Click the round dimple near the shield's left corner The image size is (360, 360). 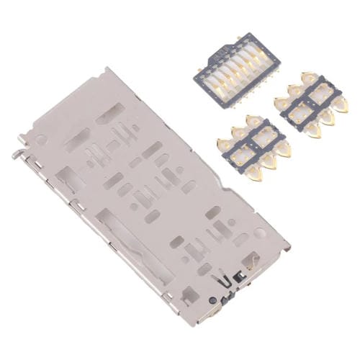click(x=42, y=139)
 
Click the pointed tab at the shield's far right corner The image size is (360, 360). click(x=288, y=248)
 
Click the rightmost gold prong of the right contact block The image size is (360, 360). click(x=341, y=107)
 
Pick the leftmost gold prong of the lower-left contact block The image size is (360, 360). click(x=219, y=142)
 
